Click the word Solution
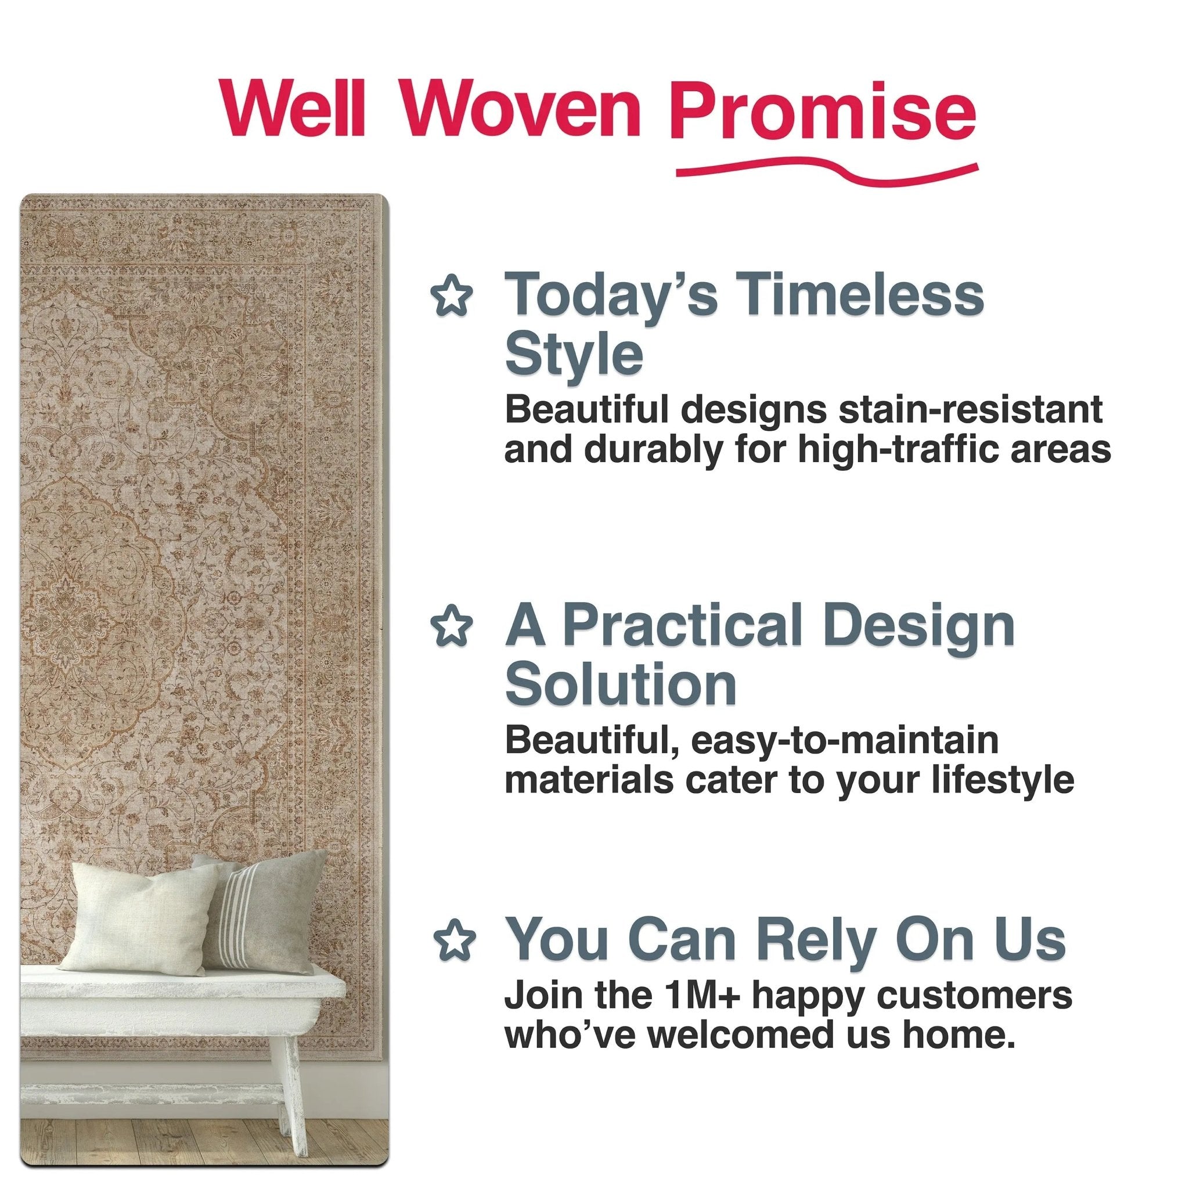(x=621, y=685)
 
